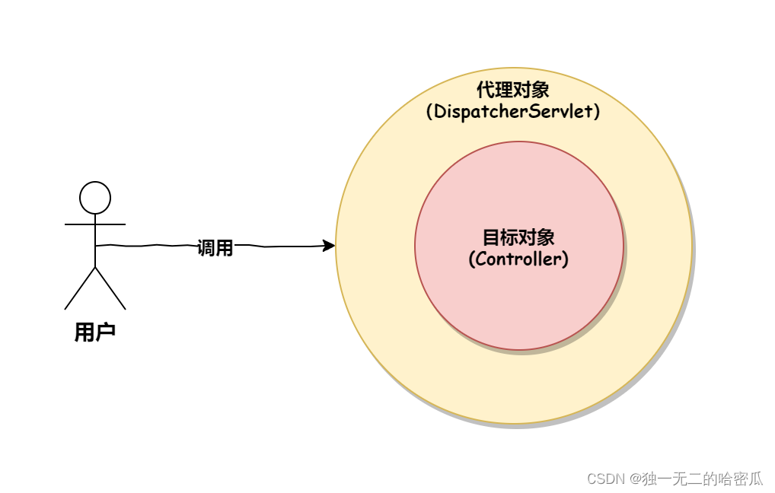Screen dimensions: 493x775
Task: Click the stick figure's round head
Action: pos(95,198)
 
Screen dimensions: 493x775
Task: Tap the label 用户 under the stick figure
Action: pos(95,332)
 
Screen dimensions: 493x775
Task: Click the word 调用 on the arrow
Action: pos(215,247)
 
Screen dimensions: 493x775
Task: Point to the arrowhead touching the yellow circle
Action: pos(329,245)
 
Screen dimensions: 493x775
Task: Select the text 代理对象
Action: pos(512,90)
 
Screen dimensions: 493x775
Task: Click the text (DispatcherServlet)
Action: pos(512,111)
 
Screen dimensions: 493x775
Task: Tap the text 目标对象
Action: pos(518,237)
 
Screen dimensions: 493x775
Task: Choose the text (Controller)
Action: pos(518,259)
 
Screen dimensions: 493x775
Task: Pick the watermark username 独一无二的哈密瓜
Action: pos(703,479)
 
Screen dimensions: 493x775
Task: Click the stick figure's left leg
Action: pos(80,289)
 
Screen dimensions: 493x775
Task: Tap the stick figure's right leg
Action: pos(110,289)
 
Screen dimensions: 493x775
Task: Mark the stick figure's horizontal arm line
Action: pos(95,224)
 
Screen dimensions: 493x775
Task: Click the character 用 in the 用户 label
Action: pos(85,332)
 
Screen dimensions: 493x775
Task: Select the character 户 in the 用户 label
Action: pos(106,332)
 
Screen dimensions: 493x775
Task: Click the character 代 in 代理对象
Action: pos(486,90)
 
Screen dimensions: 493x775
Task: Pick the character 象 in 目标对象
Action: pos(546,237)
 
